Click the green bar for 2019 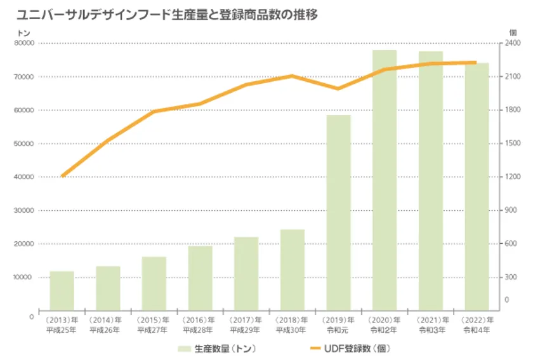point(338,213)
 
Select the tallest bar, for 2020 point(385,180)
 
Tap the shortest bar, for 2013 point(62,291)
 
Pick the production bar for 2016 point(201,278)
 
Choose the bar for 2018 point(293,270)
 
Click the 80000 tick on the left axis point(24,43)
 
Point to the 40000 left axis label point(24,177)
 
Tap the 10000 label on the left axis point(22,277)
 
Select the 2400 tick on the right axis point(513,43)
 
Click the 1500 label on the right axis point(513,143)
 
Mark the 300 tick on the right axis point(511,277)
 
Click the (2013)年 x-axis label point(62,320)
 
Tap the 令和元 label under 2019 point(338,330)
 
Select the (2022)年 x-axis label point(477,320)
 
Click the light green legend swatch point(184,349)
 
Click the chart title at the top point(167,15)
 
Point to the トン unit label point(23,33)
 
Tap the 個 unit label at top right point(513,32)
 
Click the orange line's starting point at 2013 point(63,177)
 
